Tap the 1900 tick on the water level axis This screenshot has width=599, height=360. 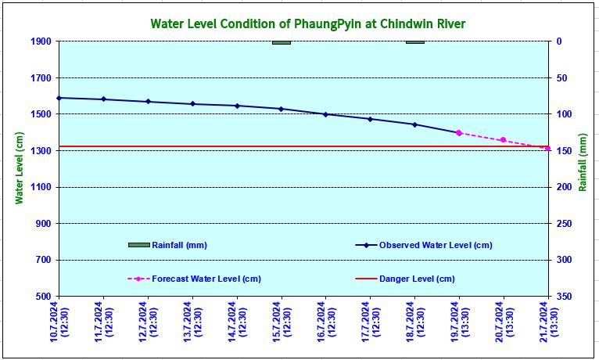41,41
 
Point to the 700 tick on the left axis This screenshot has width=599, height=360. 44,261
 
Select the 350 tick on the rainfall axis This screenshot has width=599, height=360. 565,297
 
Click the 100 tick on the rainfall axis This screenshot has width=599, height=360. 565,114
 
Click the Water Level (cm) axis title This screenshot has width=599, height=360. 20,168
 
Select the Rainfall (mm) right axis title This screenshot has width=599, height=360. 583,168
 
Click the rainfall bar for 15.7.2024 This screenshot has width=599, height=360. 282,42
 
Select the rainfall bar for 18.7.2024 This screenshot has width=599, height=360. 415,42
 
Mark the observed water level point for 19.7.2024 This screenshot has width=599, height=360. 459,133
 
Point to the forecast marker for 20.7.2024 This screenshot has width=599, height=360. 504,140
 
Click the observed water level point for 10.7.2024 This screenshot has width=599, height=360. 59,98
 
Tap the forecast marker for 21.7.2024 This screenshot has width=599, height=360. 548,148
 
